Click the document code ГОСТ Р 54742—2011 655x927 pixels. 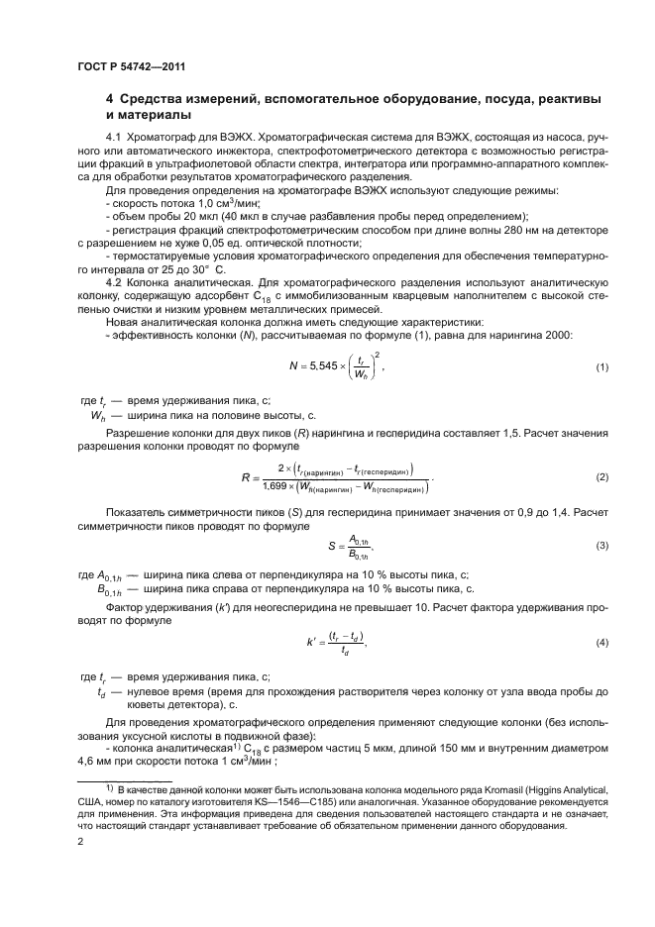coord(131,67)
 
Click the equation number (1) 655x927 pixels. coord(600,367)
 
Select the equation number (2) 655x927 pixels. coord(600,476)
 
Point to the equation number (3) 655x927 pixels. coord(600,546)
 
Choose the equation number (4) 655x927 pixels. coord(600,643)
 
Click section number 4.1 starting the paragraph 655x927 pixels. coord(113,135)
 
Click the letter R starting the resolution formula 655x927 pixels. coord(245,476)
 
